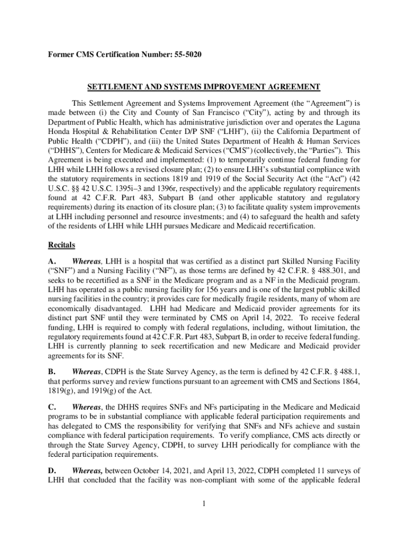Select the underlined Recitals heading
(x=61, y=245)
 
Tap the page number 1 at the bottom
(x=203, y=502)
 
